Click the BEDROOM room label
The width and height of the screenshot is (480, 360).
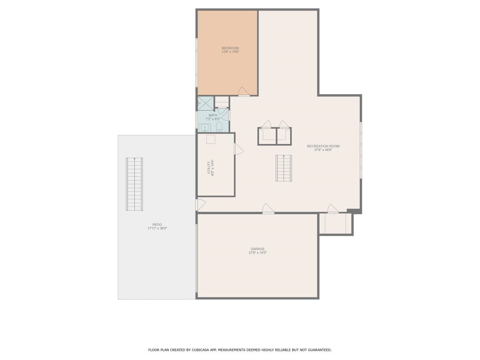click(230, 48)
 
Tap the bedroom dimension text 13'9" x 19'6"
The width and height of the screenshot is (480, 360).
click(230, 52)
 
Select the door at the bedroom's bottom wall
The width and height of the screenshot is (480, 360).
click(243, 92)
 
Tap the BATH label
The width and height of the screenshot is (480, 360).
click(213, 115)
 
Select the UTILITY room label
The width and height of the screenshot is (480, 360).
click(209, 168)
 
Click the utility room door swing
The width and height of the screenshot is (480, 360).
click(238, 149)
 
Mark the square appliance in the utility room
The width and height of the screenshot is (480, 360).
click(211, 139)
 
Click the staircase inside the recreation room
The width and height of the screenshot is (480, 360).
click(283, 168)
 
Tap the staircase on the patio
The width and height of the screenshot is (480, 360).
click(135, 184)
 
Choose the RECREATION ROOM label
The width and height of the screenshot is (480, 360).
click(323, 146)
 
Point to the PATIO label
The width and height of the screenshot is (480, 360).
click(157, 225)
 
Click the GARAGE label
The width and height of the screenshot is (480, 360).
click(258, 249)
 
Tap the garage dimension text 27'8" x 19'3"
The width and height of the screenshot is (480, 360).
click(258, 253)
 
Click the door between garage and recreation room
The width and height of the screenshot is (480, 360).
click(268, 209)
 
